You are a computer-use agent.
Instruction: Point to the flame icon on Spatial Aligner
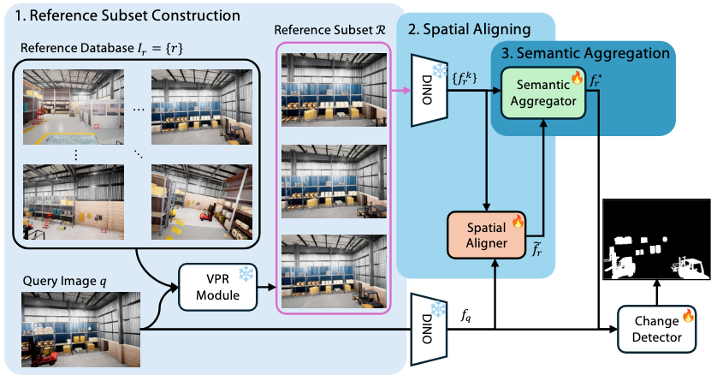(x=517, y=221)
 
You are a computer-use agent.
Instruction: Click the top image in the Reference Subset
(x=329, y=89)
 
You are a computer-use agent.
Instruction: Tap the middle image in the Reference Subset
(x=329, y=178)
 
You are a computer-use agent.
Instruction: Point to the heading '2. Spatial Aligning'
(x=470, y=30)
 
